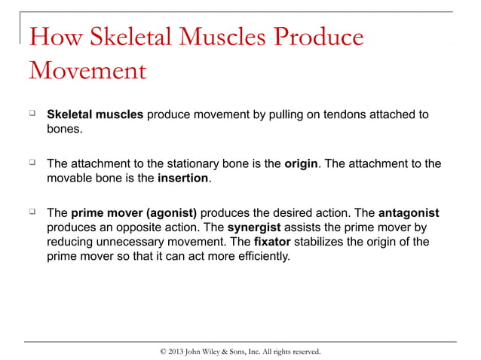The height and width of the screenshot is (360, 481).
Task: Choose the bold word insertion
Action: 184,179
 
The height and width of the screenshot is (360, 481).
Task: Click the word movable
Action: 72,179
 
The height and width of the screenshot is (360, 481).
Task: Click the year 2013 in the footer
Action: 179,351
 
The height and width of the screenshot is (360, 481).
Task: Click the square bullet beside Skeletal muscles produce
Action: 32,114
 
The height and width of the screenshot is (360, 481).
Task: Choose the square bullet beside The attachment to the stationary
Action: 32,163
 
